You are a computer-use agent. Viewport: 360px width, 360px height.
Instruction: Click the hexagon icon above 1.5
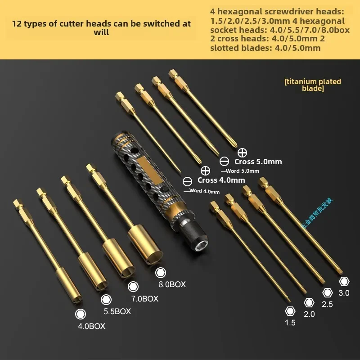coord(290,310)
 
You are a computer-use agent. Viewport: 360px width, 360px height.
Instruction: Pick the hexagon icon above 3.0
coord(344,281)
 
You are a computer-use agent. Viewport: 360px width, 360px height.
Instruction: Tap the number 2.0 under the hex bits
coord(309,314)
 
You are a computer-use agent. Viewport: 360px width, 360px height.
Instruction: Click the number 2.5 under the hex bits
coord(327,304)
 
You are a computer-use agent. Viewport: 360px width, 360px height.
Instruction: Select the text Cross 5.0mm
coord(258,162)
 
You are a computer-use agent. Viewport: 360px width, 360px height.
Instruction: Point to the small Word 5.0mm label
coord(243,171)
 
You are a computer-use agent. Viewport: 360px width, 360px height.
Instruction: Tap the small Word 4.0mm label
coord(204,191)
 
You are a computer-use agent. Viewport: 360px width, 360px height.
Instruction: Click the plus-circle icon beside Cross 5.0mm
coord(242,152)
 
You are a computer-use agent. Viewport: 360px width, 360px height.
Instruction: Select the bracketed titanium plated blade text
coord(313,85)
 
